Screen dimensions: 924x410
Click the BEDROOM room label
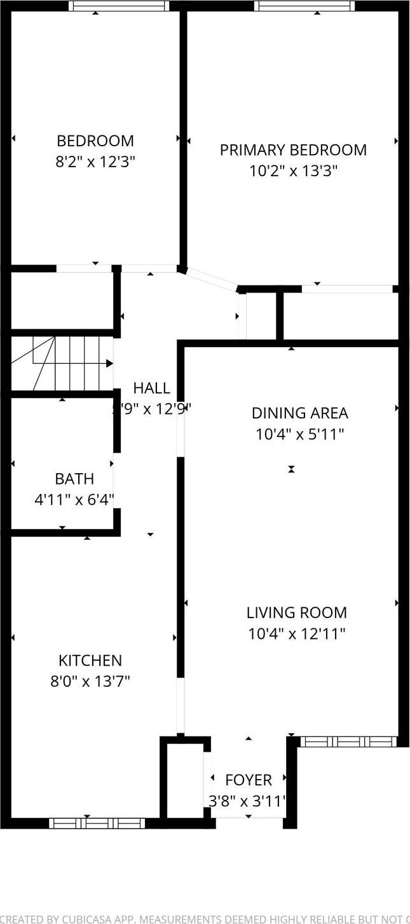click(x=95, y=141)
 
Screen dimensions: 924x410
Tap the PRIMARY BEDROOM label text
click(x=293, y=150)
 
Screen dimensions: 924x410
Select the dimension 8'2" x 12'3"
click(x=95, y=162)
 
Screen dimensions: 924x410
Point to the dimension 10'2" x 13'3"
click(x=293, y=171)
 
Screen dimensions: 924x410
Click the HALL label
click(x=151, y=388)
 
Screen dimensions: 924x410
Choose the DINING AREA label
click(x=299, y=413)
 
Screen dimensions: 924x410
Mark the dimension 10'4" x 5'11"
click(x=299, y=434)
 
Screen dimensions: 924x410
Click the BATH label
click(x=74, y=479)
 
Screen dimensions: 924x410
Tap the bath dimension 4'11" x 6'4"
click(x=74, y=500)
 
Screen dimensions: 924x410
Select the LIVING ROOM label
click(x=297, y=613)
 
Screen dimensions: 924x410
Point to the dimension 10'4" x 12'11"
click(x=297, y=634)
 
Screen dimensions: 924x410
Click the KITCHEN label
click(x=90, y=661)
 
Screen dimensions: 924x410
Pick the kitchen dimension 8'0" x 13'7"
click(x=90, y=682)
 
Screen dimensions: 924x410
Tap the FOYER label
click(x=249, y=780)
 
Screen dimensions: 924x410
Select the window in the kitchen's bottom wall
click(x=97, y=823)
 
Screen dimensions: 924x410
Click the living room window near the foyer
click(x=348, y=741)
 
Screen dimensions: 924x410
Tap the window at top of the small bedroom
click(x=119, y=6)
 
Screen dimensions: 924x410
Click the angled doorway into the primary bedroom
click(x=211, y=280)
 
